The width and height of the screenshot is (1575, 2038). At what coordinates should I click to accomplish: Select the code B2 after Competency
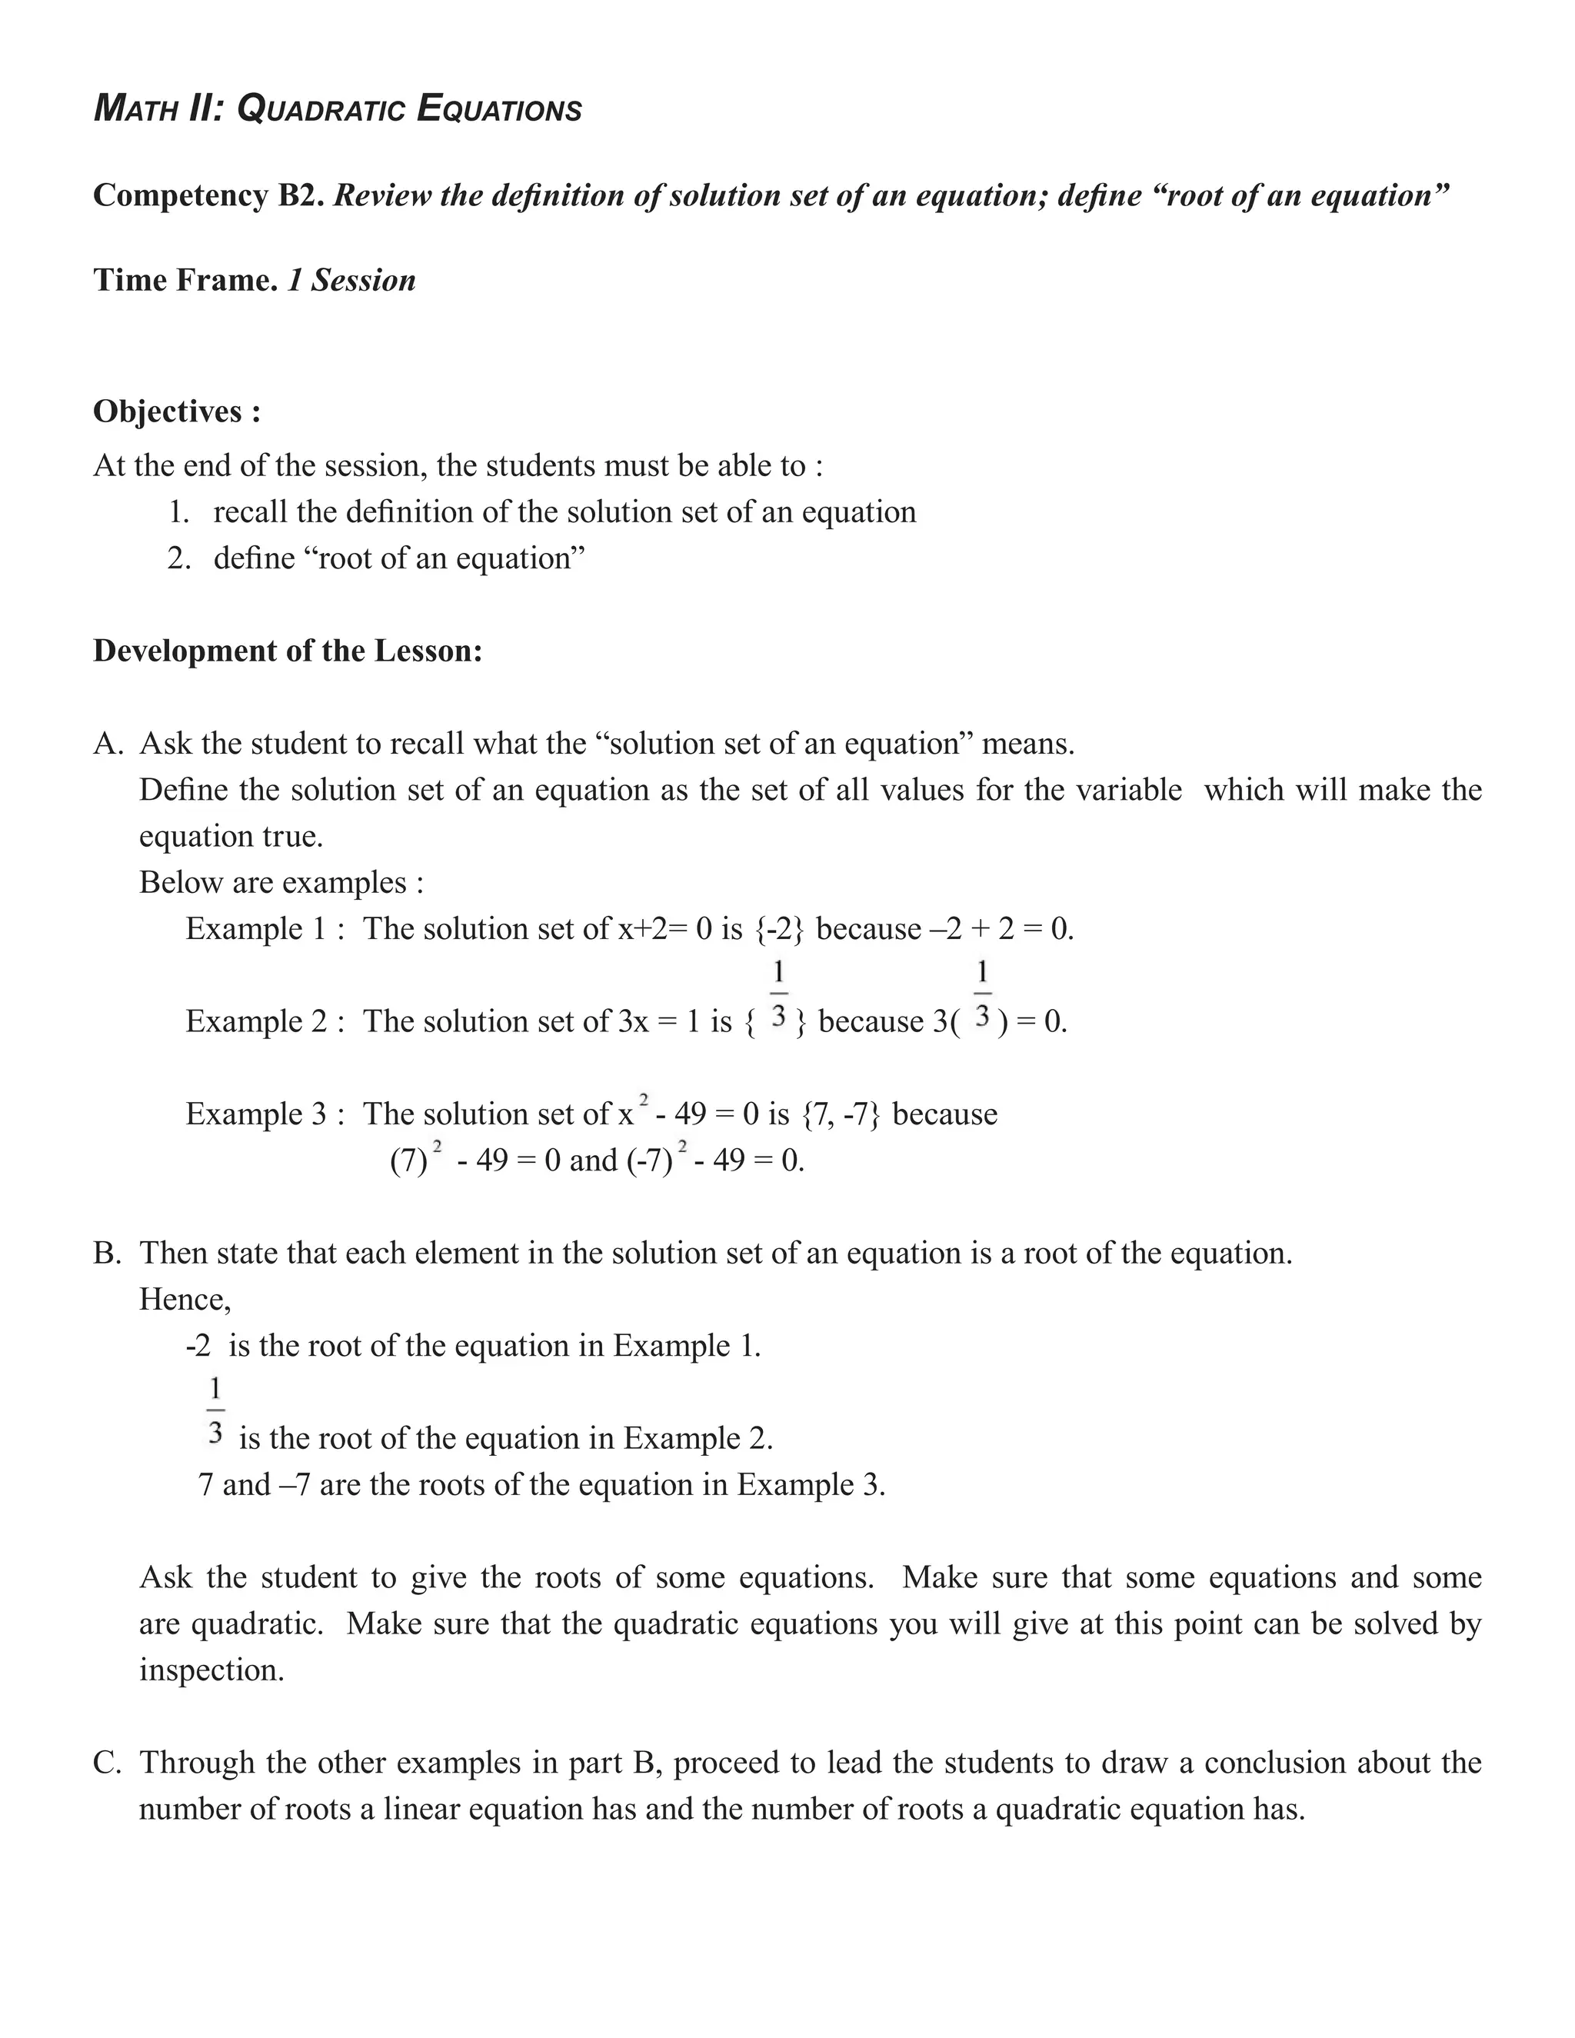298,196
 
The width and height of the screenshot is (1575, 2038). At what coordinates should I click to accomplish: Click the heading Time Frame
185,280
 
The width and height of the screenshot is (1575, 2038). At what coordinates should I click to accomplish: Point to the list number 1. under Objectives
179,512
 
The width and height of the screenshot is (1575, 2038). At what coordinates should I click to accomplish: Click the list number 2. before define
179,558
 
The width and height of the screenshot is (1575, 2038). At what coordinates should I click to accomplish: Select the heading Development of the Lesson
288,651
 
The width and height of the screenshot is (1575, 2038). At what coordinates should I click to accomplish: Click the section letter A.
108,744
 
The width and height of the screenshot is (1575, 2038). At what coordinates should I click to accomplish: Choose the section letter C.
108,1763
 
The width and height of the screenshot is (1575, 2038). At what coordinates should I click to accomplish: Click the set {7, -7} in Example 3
841,1114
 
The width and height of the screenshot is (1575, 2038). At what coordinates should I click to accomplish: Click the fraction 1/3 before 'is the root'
215,1411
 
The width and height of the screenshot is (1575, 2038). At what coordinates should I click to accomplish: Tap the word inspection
211,1670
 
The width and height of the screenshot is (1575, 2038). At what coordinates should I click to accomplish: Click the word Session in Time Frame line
363,280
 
